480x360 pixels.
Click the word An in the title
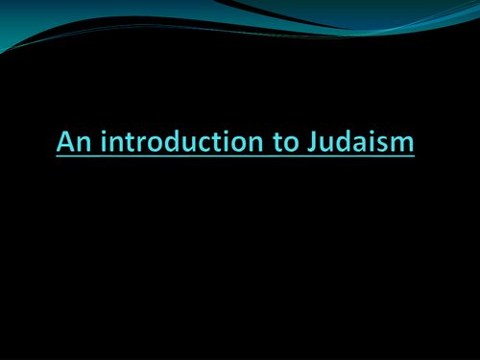point(71,142)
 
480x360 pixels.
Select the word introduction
point(176,142)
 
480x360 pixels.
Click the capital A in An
point(65,142)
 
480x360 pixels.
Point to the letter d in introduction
point(166,142)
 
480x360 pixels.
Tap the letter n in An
point(81,144)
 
